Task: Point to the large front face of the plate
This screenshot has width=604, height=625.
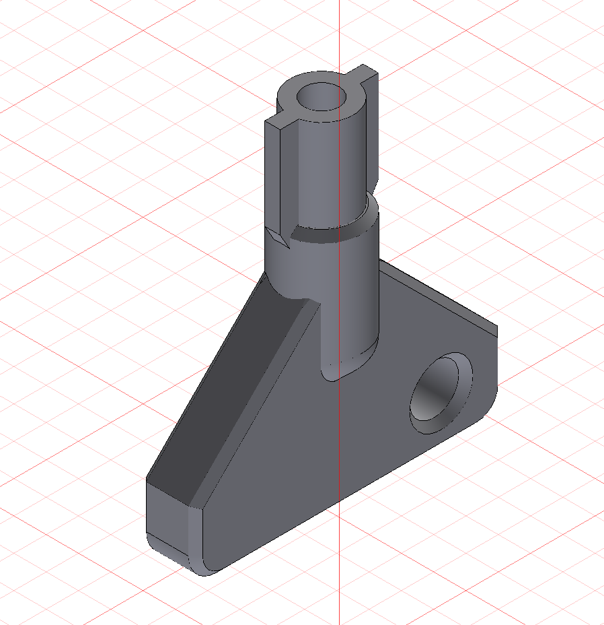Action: coord(323,445)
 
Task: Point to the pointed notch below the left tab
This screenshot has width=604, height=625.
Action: coord(277,237)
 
